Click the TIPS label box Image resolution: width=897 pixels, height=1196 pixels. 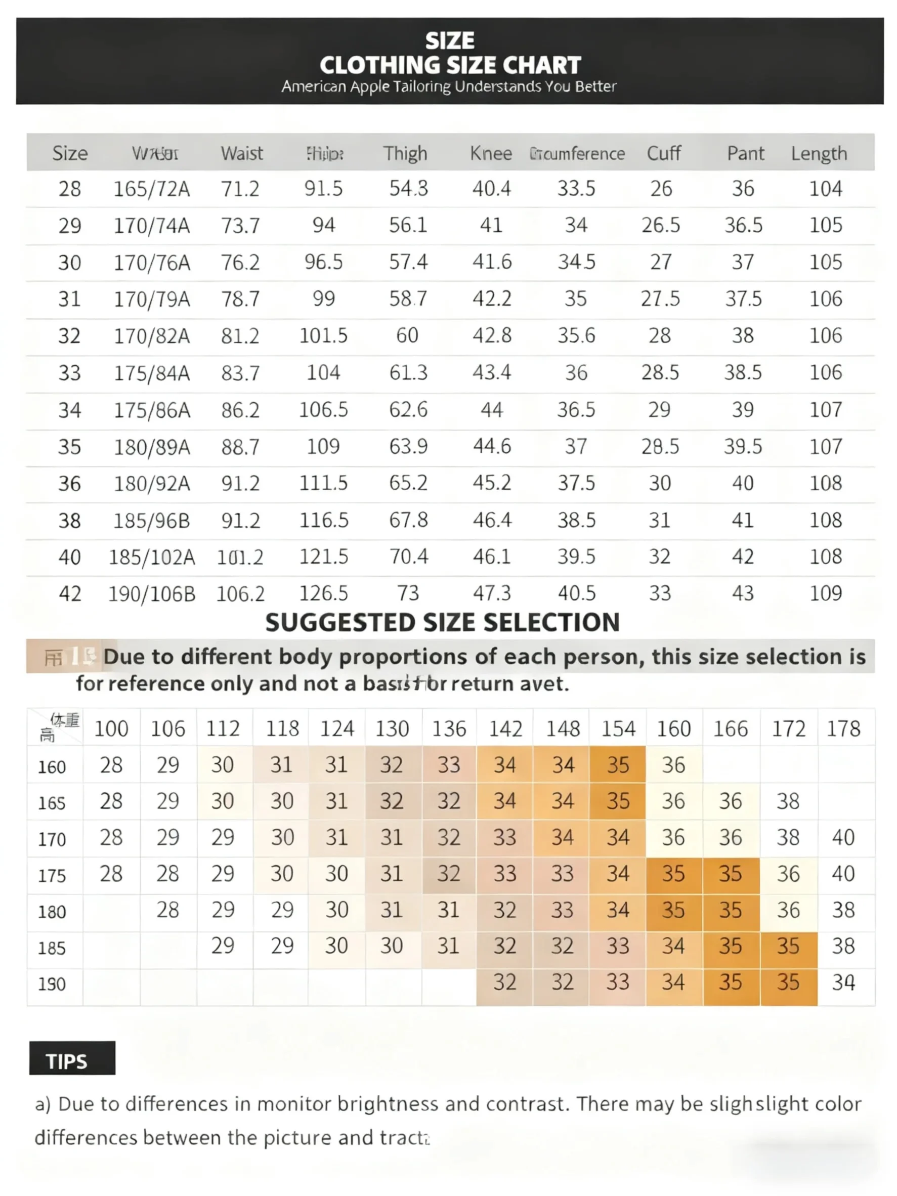72,1061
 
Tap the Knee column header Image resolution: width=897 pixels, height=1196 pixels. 490,154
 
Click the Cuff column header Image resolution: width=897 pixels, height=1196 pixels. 663,154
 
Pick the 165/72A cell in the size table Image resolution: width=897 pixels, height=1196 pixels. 151,189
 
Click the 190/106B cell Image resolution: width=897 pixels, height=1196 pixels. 151,593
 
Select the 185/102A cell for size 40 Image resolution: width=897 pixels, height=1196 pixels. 151,557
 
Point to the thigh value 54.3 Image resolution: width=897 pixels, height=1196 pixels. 408,189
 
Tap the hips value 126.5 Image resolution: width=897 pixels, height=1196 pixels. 323,593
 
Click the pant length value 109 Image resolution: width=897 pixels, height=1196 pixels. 825,593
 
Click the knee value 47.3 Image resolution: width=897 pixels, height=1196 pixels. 491,593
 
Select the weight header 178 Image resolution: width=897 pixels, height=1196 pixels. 843,729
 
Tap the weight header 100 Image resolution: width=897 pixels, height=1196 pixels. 111,729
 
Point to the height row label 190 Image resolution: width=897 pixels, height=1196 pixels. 52,984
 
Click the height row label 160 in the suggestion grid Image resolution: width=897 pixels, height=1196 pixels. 52,766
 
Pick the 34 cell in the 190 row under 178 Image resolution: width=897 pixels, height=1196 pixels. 843,983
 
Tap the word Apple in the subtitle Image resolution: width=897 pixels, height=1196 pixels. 370,87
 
